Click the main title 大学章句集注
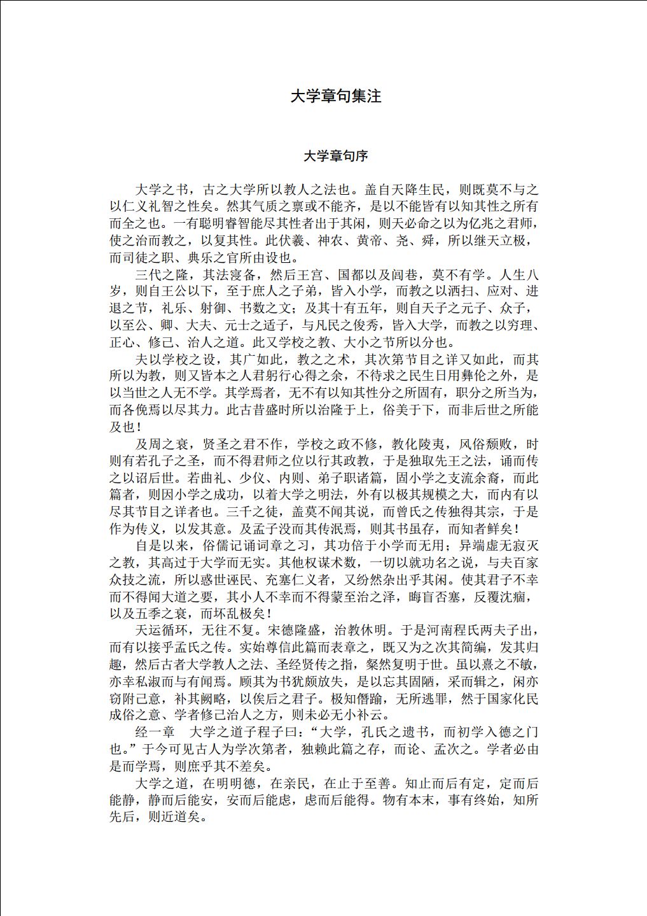tap(335, 96)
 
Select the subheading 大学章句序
tap(335, 156)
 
